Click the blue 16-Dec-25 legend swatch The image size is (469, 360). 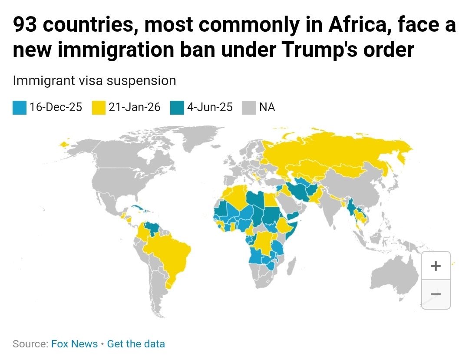click(x=20, y=108)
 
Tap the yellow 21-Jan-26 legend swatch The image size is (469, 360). click(x=99, y=108)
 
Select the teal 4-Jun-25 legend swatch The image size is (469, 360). click(x=177, y=108)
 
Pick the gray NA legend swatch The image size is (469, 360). click(x=249, y=108)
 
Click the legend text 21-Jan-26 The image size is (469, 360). click(x=134, y=107)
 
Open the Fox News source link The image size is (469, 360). click(x=75, y=344)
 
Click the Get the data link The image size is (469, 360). click(x=136, y=344)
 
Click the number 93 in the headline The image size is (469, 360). click(x=25, y=24)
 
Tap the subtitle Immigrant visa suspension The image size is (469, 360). click(x=95, y=81)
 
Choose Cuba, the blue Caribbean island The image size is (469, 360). click(x=140, y=208)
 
